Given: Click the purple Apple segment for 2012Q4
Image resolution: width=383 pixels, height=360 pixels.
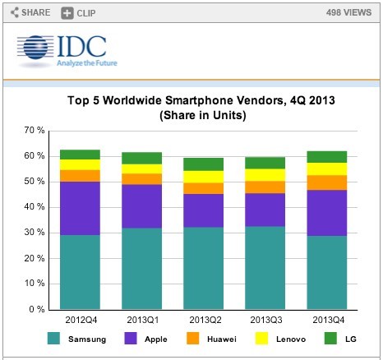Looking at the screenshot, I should (81, 208).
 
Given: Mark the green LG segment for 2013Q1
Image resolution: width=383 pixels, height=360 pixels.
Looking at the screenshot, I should (143, 158).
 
